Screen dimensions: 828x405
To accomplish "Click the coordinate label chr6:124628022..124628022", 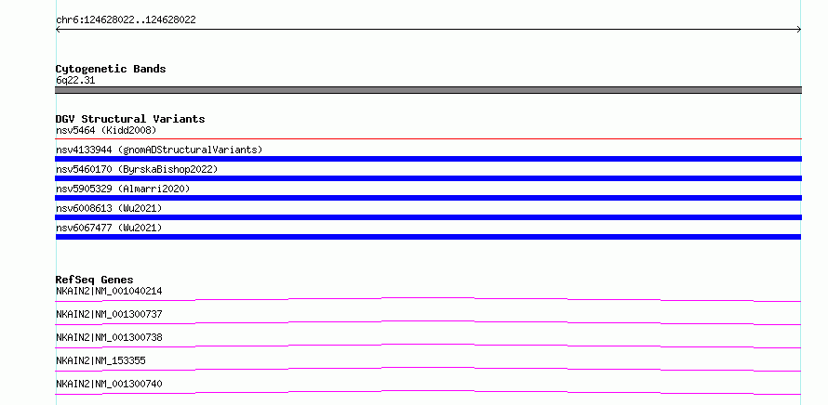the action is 126,20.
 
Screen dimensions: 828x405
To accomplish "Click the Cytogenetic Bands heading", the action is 111,69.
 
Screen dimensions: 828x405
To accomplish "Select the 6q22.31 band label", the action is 75,81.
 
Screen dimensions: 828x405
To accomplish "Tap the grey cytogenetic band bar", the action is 428,90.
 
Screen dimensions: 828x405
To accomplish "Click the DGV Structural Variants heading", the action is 130,119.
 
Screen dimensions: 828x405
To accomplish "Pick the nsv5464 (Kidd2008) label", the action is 106,130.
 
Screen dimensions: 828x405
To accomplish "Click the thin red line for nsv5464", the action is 428,138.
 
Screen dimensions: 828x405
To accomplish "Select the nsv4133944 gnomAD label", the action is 159,150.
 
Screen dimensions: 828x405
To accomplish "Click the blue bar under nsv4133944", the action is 428,159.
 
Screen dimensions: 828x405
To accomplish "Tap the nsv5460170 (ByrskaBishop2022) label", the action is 137,169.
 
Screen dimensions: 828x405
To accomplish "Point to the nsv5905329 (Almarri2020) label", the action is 123,189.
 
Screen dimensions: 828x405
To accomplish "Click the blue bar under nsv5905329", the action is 428,198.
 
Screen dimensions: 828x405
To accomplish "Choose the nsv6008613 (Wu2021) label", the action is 109,208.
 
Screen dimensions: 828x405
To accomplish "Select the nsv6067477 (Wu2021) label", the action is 109,228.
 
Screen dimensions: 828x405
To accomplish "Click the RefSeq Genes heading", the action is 95,280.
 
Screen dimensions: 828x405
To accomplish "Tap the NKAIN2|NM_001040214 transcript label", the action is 109,291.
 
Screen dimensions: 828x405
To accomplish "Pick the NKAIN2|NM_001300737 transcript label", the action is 109,314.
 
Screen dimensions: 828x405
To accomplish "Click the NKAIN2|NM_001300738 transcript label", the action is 109,337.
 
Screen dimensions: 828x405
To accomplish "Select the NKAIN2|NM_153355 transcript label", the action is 100,360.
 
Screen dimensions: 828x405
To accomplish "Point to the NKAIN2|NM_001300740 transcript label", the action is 109,384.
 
